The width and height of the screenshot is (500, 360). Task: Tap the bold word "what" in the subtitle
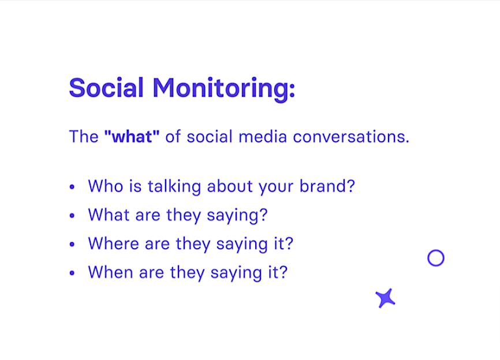tap(132, 137)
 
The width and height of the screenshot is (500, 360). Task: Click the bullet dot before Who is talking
tap(72, 187)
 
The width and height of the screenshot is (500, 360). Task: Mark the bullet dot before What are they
tap(72, 216)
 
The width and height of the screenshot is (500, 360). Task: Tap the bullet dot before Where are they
tap(72, 244)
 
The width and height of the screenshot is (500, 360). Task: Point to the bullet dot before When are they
tap(72, 272)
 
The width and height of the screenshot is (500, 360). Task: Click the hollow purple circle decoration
tap(436, 258)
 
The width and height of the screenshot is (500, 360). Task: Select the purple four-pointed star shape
tap(385, 298)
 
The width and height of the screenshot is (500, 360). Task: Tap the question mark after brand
tap(350, 186)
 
